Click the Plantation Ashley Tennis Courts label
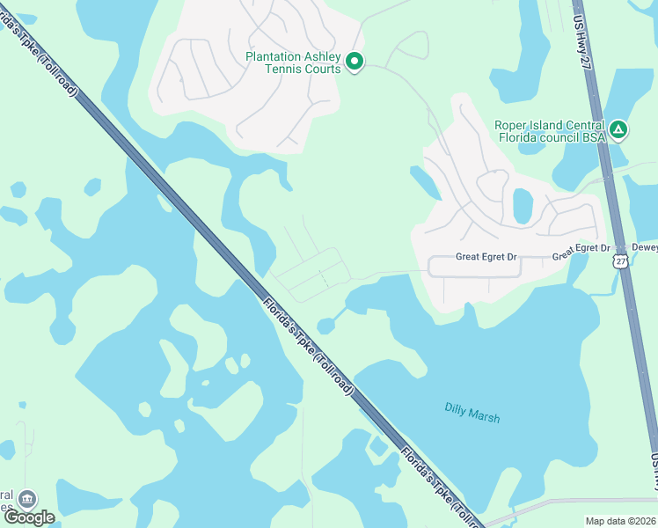[293, 62]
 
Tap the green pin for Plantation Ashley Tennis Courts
[355, 62]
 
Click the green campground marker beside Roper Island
[618, 130]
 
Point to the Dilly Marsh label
[472, 412]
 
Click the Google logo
[29, 517]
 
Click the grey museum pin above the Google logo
[27, 499]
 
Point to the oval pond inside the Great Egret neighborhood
[523, 206]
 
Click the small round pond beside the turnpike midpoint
[325, 326]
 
